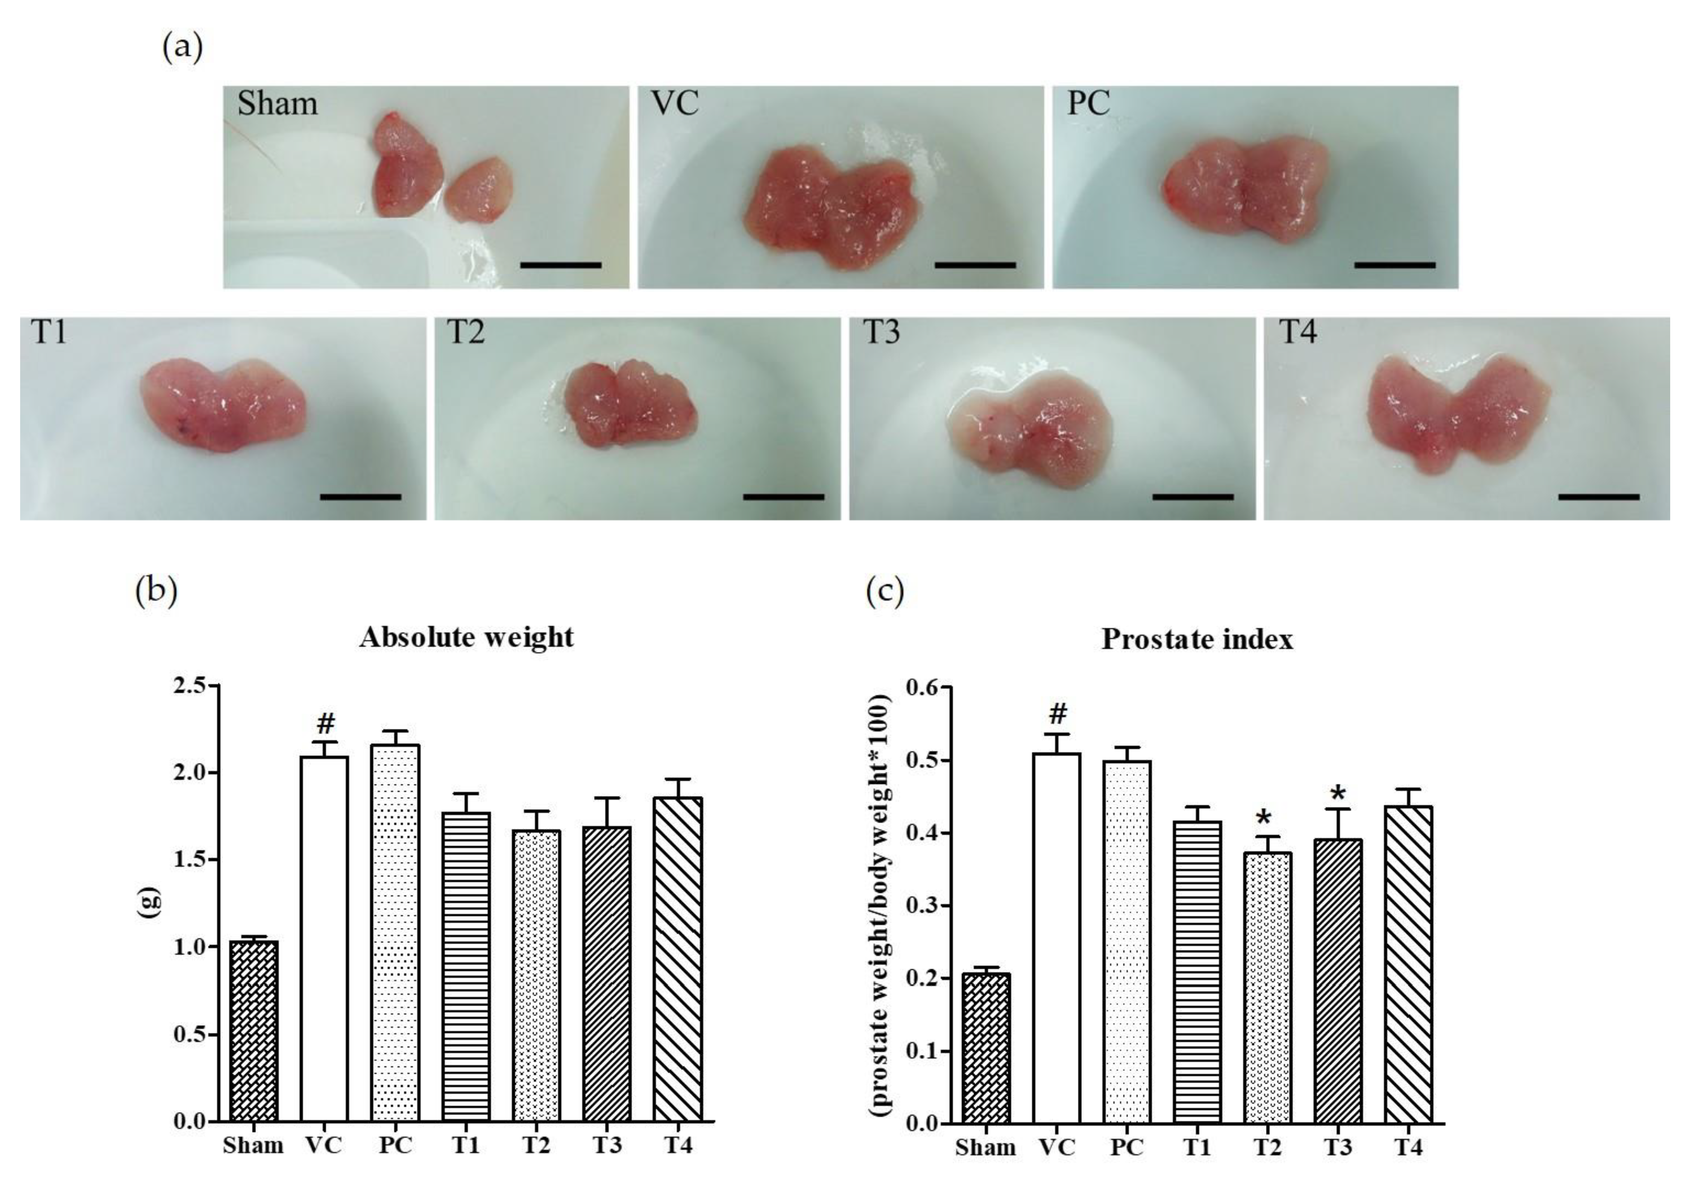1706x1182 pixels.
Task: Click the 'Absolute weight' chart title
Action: coord(466,637)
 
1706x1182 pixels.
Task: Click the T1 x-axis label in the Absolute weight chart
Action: coord(465,1145)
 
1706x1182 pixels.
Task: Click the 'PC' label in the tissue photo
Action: coord(1088,103)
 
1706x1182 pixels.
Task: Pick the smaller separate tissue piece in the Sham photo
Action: coord(480,190)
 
